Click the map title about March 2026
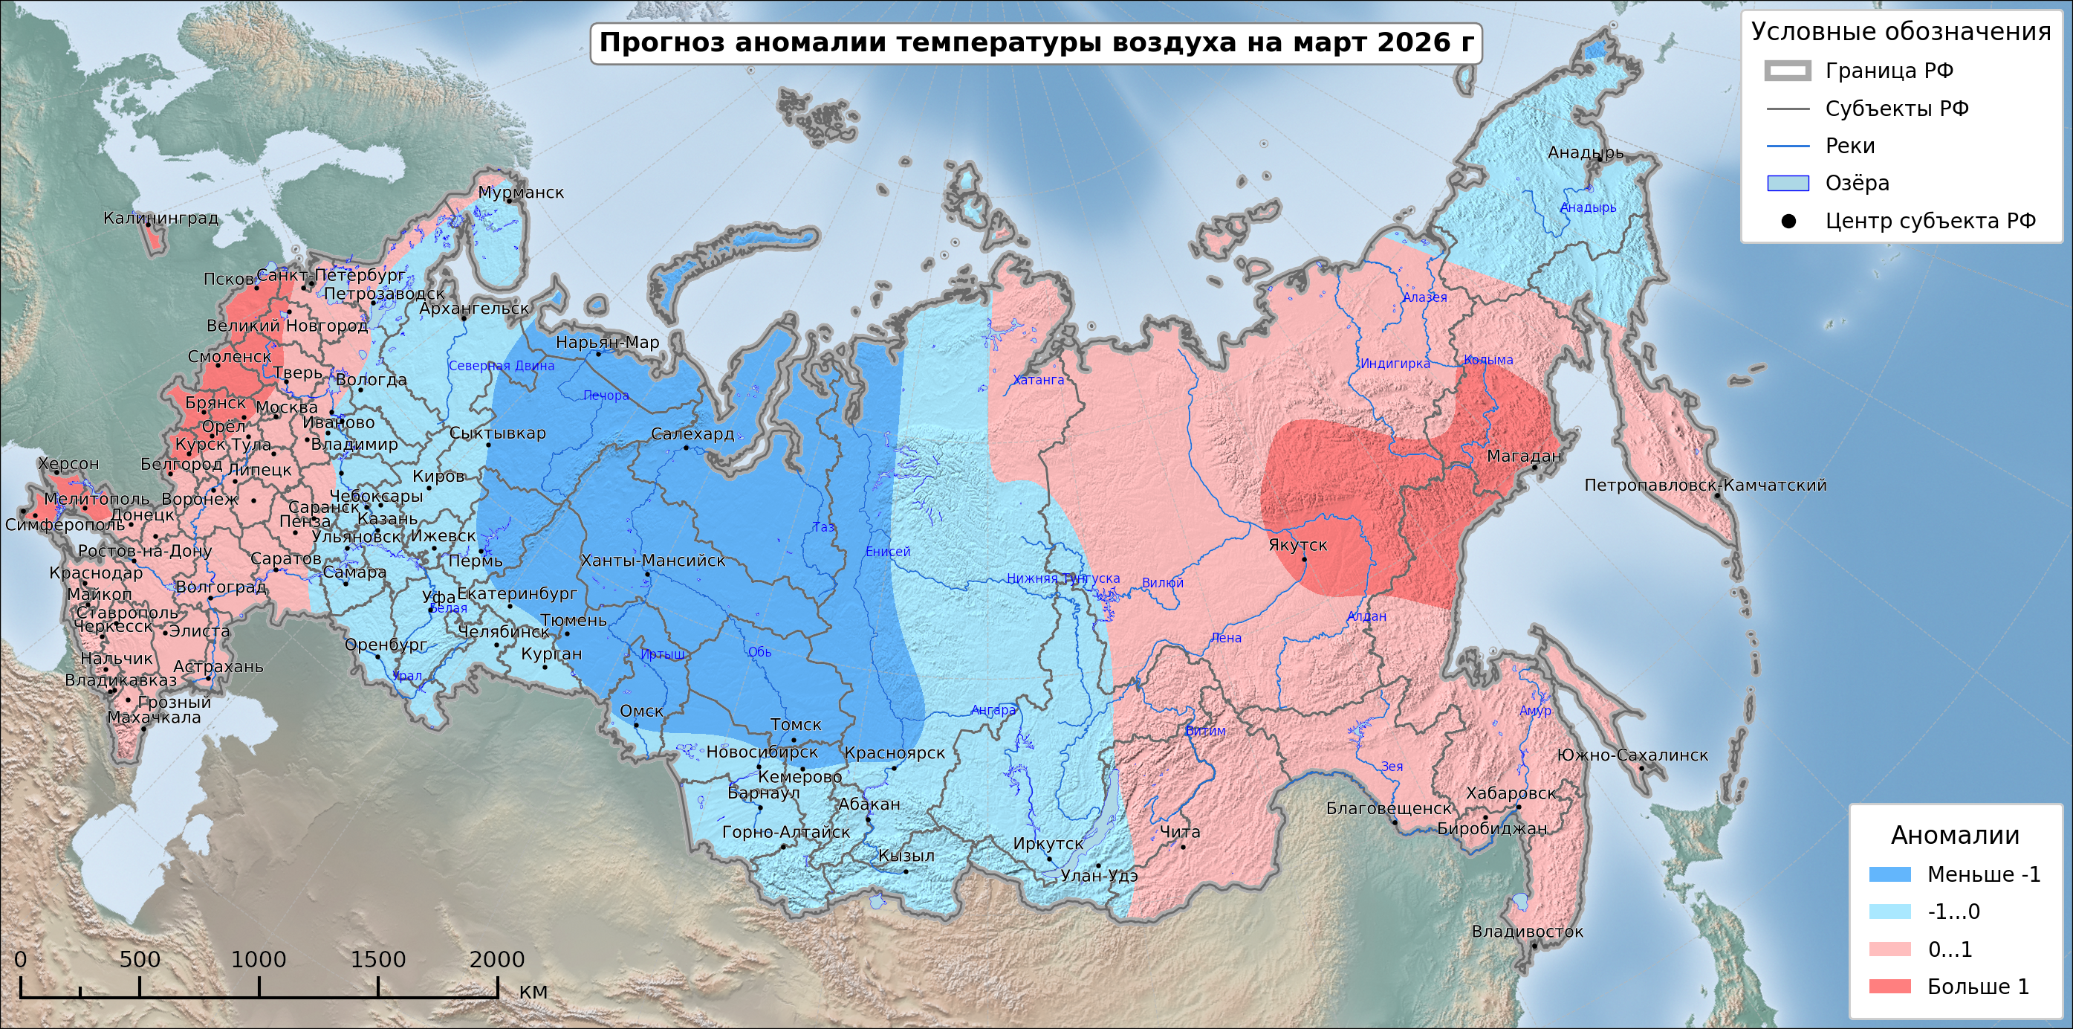pyautogui.click(x=1036, y=42)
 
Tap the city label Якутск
pyautogui.click(x=1297, y=545)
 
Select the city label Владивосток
pyautogui.click(x=1527, y=932)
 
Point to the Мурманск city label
pyautogui.click(x=521, y=193)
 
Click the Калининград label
pyautogui.click(x=161, y=218)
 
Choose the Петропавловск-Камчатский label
pyautogui.click(x=1704, y=486)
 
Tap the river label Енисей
pyautogui.click(x=888, y=552)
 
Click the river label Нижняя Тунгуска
pyautogui.click(x=1063, y=578)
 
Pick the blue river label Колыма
pyautogui.click(x=1488, y=360)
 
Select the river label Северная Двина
pyautogui.click(x=502, y=366)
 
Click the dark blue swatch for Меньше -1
pyautogui.click(x=1889, y=874)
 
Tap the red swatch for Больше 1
pyautogui.click(x=1889, y=987)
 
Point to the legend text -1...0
pyautogui.click(x=1953, y=912)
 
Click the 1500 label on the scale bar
pyautogui.click(x=377, y=959)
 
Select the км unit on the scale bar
pyautogui.click(x=533, y=991)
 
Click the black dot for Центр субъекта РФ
pyautogui.click(x=1788, y=222)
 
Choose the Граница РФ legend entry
pyautogui.click(x=1888, y=71)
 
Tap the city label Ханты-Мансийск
pyautogui.click(x=652, y=561)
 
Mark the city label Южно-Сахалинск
pyautogui.click(x=1632, y=755)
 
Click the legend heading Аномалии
pyautogui.click(x=1955, y=835)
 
